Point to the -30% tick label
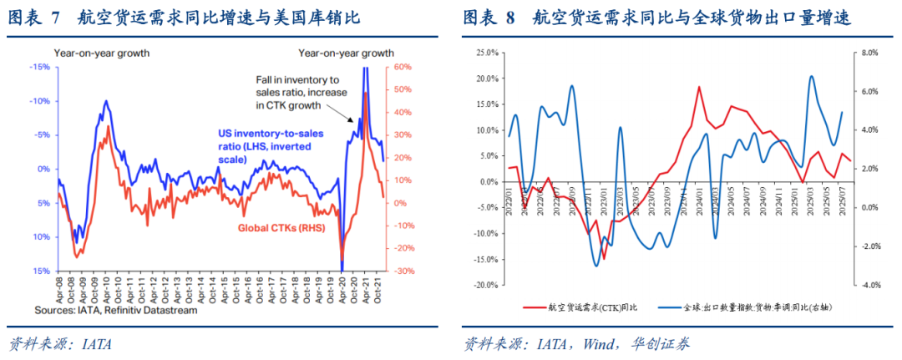tap(401, 271)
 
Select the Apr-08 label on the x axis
tap(61, 289)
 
